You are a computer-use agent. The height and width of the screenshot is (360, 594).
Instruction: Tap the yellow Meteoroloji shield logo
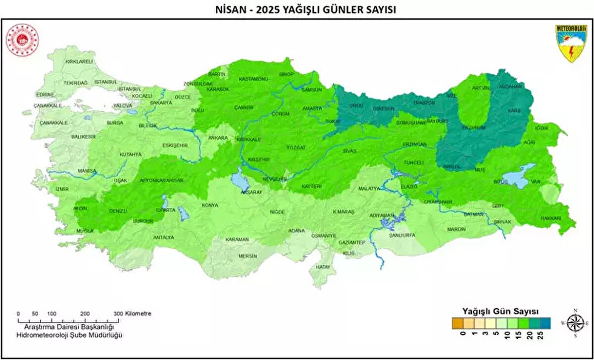pos(569,44)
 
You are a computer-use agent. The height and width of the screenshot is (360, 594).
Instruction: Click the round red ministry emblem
pos(22,40)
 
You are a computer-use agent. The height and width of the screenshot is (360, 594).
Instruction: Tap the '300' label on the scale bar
pos(118,313)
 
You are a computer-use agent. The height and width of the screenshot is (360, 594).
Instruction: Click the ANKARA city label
pos(218,138)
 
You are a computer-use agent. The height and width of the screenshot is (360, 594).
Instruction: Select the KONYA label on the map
pos(210,206)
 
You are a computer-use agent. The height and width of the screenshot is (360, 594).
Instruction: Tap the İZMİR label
pos(62,189)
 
